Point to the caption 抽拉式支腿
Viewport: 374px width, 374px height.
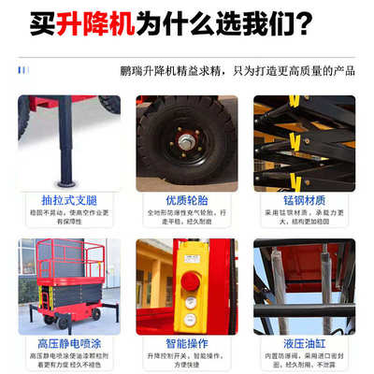tap(69, 199)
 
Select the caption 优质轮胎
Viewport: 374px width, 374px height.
tap(186, 199)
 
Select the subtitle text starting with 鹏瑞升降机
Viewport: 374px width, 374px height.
tap(237, 70)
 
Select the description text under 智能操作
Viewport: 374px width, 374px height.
tap(186, 362)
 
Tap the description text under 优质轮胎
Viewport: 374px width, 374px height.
tap(186, 219)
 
